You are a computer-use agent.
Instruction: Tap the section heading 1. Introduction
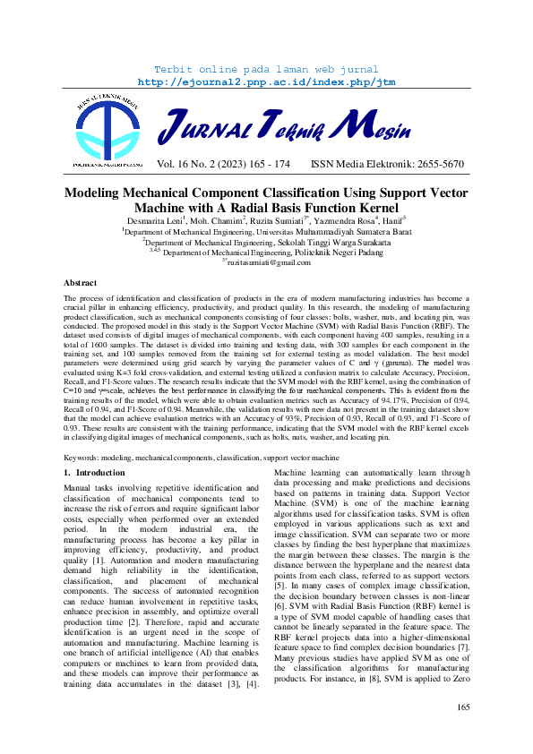pyautogui.click(x=94, y=472)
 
